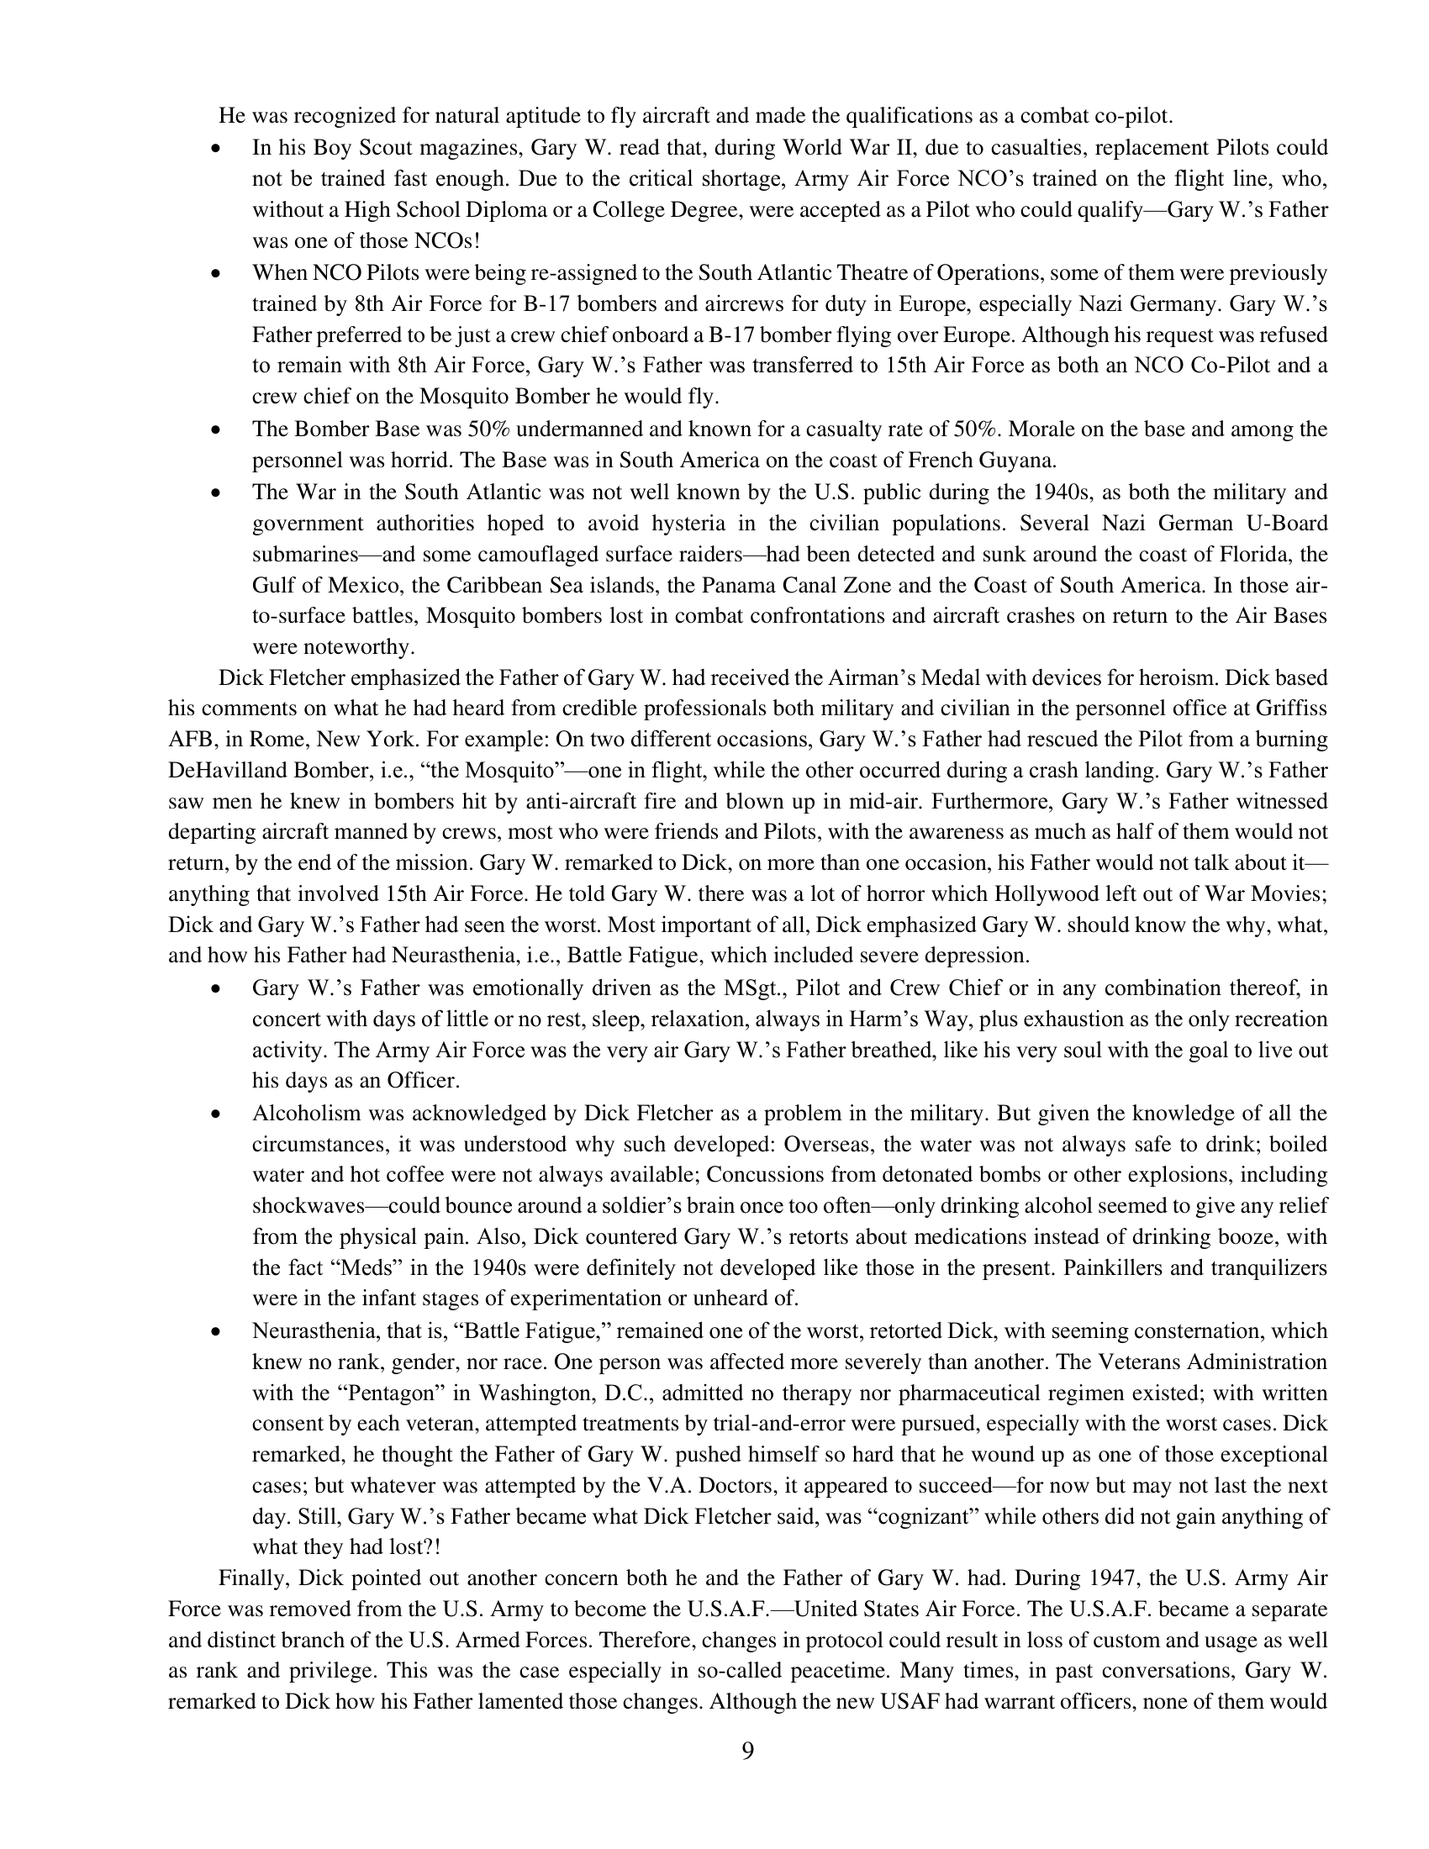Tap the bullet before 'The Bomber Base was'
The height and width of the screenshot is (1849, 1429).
pyautogui.click(x=217, y=430)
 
